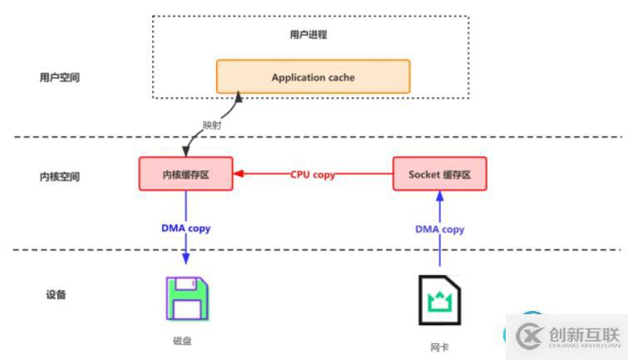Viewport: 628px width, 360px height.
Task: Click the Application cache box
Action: pos(313,76)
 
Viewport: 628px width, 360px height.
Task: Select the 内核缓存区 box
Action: pos(186,174)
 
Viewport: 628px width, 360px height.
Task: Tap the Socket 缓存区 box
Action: pos(440,174)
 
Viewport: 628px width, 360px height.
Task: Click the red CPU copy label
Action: pos(313,175)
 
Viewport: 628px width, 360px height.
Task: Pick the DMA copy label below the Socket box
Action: pos(440,229)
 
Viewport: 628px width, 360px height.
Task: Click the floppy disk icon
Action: pos(188,298)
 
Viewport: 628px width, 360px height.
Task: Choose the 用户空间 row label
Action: pos(59,77)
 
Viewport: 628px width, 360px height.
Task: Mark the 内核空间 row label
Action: pos(59,177)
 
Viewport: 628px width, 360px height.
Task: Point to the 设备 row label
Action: pos(56,295)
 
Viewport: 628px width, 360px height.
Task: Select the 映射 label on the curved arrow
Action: pos(212,126)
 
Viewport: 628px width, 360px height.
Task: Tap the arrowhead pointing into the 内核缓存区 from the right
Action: pos(239,174)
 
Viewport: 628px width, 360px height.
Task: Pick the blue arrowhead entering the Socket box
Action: pos(440,196)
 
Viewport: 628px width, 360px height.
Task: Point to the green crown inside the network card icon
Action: pos(440,301)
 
